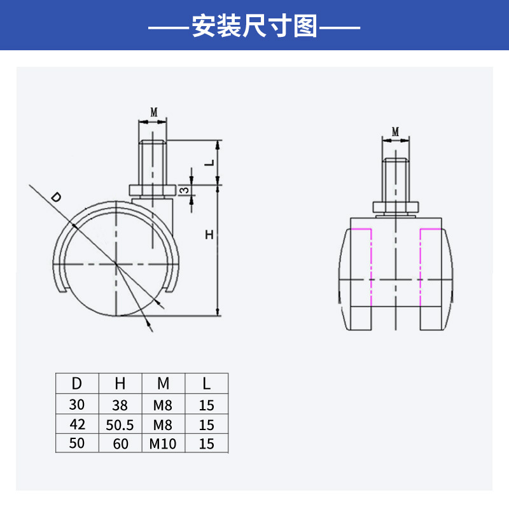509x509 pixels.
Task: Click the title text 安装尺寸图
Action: (254, 26)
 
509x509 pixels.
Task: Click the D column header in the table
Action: (77, 384)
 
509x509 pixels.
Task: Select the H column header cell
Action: (120, 384)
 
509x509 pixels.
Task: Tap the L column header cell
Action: (206, 384)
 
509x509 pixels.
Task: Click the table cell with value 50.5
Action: (120, 425)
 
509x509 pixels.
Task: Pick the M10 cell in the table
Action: (163, 443)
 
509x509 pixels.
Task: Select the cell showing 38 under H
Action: (120, 405)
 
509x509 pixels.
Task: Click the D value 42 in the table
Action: (77, 424)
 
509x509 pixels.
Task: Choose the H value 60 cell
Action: (120, 443)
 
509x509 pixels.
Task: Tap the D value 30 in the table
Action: (77, 405)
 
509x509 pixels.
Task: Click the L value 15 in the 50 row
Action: (206, 443)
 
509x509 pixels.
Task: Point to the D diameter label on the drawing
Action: (56, 197)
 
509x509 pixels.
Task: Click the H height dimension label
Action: (209, 234)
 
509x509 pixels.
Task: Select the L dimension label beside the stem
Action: (210, 162)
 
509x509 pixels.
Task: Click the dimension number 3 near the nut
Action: (185, 190)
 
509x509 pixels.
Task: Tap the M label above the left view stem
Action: (154, 113)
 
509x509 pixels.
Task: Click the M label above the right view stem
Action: (395, 132)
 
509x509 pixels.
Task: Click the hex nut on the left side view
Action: (153, 190)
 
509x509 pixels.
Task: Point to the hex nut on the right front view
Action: (395, 207)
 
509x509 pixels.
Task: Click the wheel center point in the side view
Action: (116, 263)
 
